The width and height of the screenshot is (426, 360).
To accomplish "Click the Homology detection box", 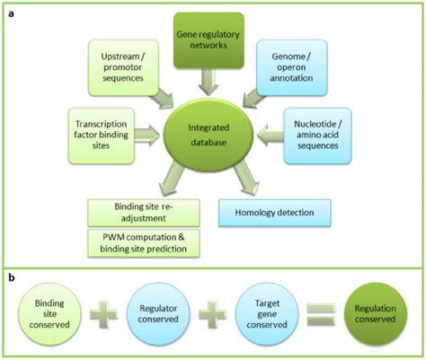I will point(275,213).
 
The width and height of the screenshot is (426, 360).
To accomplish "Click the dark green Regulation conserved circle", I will point(376,315).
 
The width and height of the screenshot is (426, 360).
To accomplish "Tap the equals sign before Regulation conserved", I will point(323,316).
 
